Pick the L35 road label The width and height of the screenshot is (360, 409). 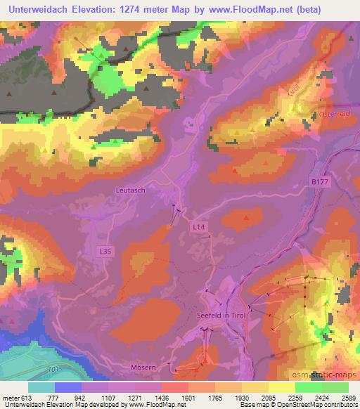tap(104, 250)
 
